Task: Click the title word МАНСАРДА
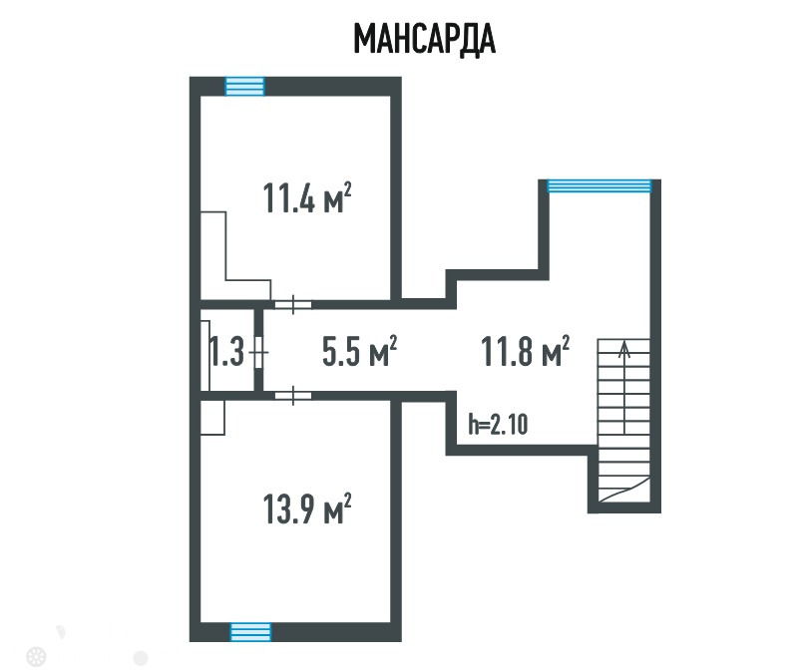[425, 39]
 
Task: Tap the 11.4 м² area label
[307, 197]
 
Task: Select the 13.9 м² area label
[307, 508]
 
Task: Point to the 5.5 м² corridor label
[359, 351]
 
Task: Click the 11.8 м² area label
[526, 351]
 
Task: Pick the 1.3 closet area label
[227, 351]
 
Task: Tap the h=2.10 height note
[498, 424]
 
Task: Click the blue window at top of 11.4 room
[245, 86]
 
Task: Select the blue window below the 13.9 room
[250, 632]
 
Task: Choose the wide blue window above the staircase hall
[599, 185]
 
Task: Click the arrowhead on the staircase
[624, 349]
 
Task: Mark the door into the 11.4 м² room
[293, 305]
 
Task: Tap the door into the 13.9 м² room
[293, 396]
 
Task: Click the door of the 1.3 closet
[259, 352]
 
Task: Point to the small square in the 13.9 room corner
[212, 418]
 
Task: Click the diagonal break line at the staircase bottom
[624, 489]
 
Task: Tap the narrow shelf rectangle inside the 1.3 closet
[205, 356]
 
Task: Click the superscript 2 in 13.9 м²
[348, 500]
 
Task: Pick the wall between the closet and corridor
[258, 351]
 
